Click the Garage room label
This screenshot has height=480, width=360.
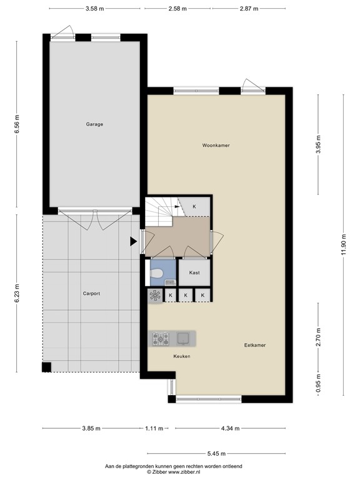94,124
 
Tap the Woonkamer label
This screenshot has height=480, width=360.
216,145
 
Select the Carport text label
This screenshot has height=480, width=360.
91,293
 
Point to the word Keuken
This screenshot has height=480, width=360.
181,356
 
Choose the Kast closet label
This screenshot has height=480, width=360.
194,273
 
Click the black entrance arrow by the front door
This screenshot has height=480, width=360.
133,241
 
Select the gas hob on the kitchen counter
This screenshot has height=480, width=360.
161,338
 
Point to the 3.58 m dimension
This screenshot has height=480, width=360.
94,9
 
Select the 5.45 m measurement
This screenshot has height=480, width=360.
217,454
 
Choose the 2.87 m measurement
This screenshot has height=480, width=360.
247,9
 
